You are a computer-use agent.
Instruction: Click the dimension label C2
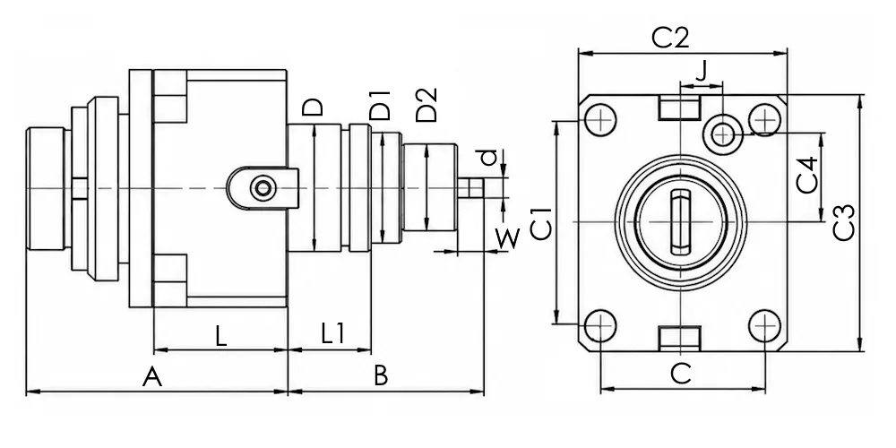pos(671,39)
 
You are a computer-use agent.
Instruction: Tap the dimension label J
pos(702,71)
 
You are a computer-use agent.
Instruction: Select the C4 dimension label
pos(807,176)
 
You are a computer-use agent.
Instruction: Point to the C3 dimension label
pos(843,222)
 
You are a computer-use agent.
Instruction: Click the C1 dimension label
pos(541,223)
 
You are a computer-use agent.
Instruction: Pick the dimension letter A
pos(152,378)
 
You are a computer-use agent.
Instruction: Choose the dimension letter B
pos(381,376)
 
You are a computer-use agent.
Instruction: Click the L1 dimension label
pos(333,333)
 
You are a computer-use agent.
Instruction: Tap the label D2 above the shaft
pos(426,105)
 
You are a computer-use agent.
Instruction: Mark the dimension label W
pos(507,238)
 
